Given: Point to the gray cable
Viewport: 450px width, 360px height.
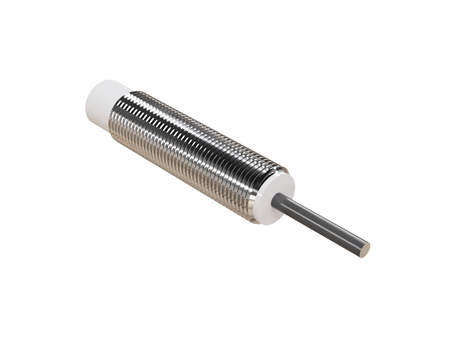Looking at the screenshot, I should [x=320, y=221].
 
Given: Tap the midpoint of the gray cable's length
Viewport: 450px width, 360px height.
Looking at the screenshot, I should [x=322, y=222].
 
